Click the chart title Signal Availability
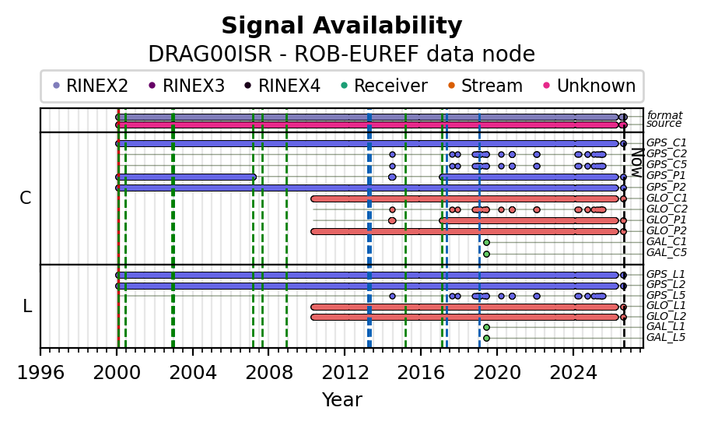pyautogui.click(x=341, y=26)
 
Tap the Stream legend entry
pyautogui.click(x=485, y=86)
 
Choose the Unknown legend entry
pyautogui.click(x=590, y=86)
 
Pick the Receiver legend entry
pyautogui.click(x=384, y=86)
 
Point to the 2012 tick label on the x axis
pyautogui.click(x=345, y=373)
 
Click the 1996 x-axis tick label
pyautogui.click(x=40, y=373)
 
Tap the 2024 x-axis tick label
pyautogui.click(x=573, y=373)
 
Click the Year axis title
pyautogui.click(x=341, y=399)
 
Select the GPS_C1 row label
pyautogui.click(x=667, y=143)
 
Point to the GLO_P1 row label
pyautogui.click(x=667, y=220)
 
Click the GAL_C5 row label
pyautogui.click(x=667, y=252)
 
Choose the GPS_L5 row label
pyautogui.click(x=666, y=296)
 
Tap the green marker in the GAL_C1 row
pyautogui.click(x=486, y=243)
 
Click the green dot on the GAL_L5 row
pyautogui.click(x=486, y=339)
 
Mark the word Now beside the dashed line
pyautogui.click(x=636, y=163)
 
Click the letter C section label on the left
pyautogui.click(x=25, y=198)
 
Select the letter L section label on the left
pyautogui.click(x=27, y=307)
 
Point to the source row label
pyautogui.click(x=664, y=124)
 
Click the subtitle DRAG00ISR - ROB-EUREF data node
pyautogui.click(x=341, y=54)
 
